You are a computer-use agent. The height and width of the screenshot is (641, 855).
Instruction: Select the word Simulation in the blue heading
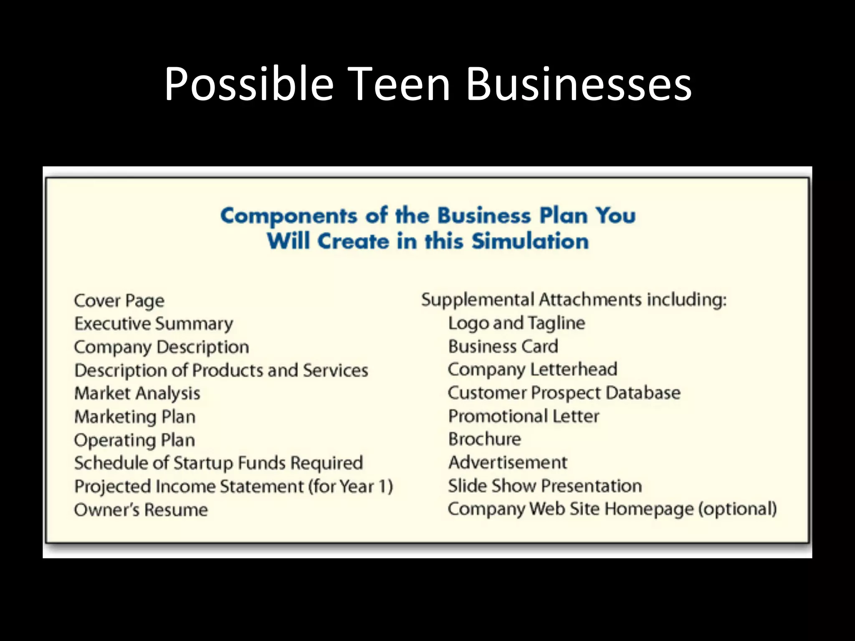pos(530,241)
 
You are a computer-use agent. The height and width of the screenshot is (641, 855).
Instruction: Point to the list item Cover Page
pos(119,301)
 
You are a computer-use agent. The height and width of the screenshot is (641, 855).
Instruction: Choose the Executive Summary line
pos(154,324)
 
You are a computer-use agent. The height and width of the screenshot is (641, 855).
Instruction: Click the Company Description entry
pos(162,347)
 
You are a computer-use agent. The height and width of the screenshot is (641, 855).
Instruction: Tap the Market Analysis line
pos(137,394)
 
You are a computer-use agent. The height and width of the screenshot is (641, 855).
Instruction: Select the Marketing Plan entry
pos(135,417)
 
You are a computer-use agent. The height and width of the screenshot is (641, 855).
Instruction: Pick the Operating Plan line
pos(134,440)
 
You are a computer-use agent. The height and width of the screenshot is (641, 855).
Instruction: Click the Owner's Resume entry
pos(141,510)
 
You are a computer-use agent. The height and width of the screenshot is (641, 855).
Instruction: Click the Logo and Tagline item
pos(516,323)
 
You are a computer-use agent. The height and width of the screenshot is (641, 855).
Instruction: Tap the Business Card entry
pos(503,346)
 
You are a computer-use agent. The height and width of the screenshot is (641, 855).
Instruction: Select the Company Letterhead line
pos(532,369)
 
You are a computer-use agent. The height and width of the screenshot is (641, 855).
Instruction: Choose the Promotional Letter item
pos(524,416)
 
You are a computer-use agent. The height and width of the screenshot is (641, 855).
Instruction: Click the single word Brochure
pos(485,439)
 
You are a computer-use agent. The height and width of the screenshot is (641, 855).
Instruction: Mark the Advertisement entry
pos(508,462)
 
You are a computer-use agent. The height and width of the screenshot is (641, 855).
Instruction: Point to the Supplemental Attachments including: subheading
pos(574,300)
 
